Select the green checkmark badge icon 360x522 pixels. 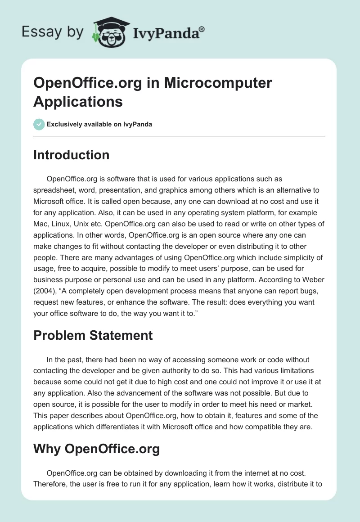(x=39, y=124)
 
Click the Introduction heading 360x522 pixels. (x=71, y=155)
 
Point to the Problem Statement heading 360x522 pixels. (x=93, y=335)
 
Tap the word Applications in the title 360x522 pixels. (x=78, y=101)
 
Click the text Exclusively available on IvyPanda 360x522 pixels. (x=99, y=124)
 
